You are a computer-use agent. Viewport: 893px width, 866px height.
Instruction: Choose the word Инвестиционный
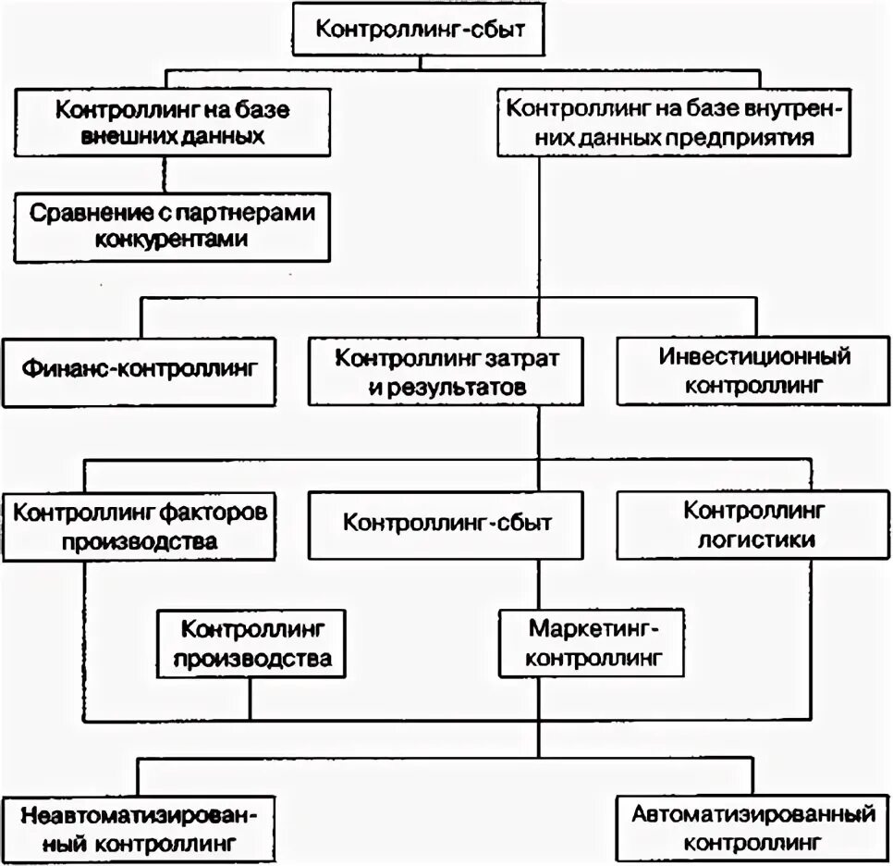pos(754,356)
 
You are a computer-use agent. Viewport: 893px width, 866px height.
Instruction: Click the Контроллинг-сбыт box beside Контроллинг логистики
pos(446,523)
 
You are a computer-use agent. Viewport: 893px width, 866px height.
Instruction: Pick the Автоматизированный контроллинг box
pos(754,828)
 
